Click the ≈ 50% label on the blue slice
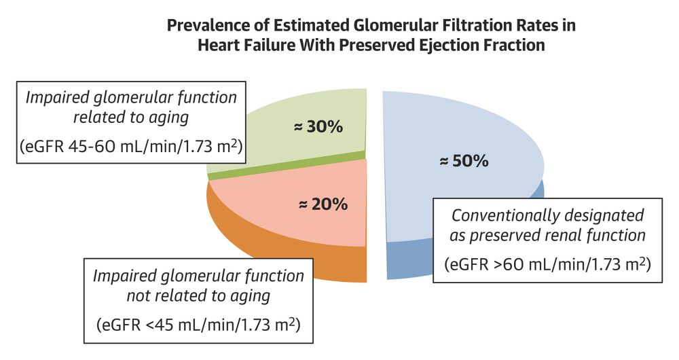pos(464,161)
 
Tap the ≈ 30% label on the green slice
pos(318,126)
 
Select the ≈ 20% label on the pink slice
pos(323,204)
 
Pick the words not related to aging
pos(198,296)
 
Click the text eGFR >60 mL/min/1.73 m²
pos(547,264)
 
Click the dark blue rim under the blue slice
pos(407,261)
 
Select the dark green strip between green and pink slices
pos(286,164)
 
